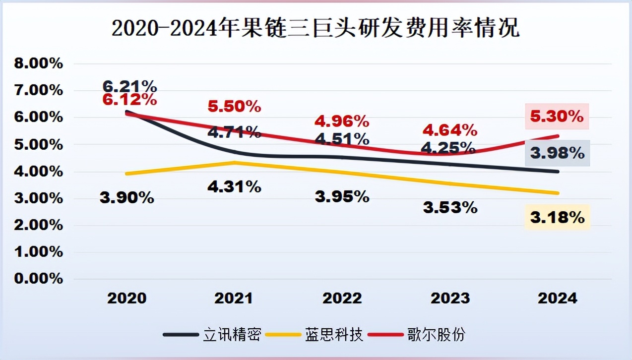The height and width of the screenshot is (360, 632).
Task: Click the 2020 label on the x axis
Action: coord(127,298)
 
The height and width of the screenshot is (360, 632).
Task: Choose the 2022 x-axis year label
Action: coord(342,298)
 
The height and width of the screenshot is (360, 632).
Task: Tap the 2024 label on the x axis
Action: coord(558,298)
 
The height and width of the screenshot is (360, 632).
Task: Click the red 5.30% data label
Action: coord(557,117)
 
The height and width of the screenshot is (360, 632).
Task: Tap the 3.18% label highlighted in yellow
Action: coord(557,217)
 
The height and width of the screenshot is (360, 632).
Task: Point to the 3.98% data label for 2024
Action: coord(557,153)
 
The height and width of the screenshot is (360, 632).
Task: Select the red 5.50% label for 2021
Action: coord(234,106)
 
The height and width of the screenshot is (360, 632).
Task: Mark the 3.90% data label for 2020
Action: coord(126,198)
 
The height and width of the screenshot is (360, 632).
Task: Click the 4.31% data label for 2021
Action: coord(234,186)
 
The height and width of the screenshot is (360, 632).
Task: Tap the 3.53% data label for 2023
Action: coord(450,207)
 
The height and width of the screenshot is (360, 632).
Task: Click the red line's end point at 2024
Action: coord(559,136)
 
